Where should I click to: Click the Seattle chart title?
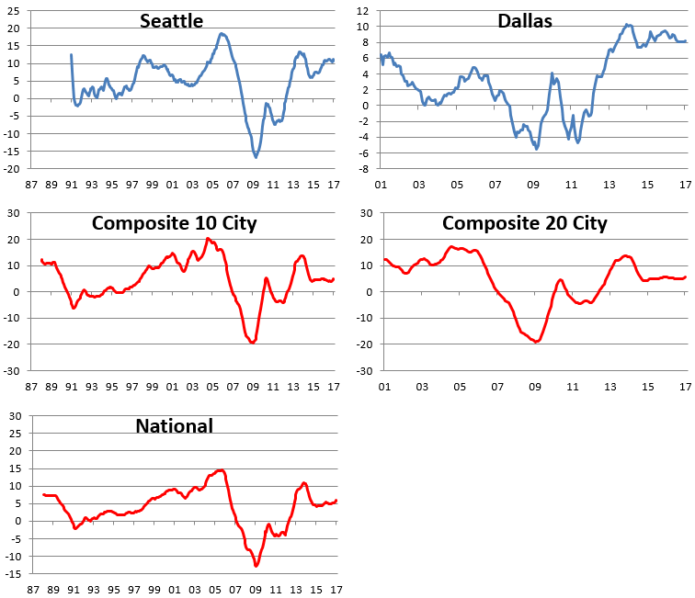[x=172, y=20]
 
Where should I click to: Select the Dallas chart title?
[x=524, y=20]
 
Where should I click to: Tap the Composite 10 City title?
[x=175, y=223]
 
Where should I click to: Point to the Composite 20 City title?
[x=524, y=223]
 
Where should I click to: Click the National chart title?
[x=174, y=426]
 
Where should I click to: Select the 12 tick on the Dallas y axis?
[x=363, y=11]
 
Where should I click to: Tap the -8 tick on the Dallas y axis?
[x=365, y=169]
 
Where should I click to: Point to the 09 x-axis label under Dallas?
[x=532, y=185]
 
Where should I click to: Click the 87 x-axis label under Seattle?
[x=32, y=185]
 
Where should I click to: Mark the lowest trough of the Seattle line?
[x=256, y=157]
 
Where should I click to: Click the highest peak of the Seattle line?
[x=222, y=34]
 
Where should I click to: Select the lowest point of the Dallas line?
[x=537, y=148]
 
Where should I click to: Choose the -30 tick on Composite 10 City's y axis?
[x=13, y=372]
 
